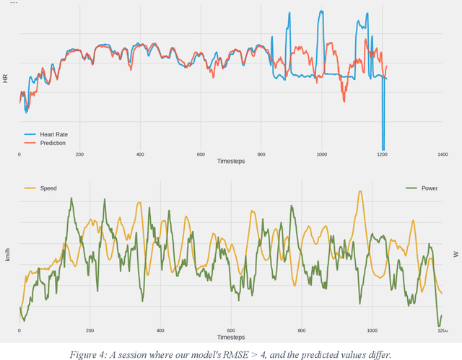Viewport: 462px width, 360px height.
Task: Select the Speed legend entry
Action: pyautogui.click(x=48, y=188)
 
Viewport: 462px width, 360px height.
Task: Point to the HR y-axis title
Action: pyautogui.click(x=5, y=78)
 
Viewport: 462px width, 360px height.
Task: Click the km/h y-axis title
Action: pyautogui.click(x=7, y=253)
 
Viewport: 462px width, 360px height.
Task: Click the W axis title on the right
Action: pyautogui.click(x=456, y=253)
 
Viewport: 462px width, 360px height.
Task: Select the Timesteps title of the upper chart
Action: pyautogui.click(x=231, y=161)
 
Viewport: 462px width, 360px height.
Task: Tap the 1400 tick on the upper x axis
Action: pyautogui.click(x=443, y=154)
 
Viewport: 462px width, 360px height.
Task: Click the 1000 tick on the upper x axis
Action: pyautogui.click(x=321, y=154)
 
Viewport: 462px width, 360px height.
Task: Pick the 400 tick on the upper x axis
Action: pyautogui.click(x=139, y=154)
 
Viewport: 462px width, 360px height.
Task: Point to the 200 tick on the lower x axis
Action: pyautogui.click(x=90, y=330)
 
